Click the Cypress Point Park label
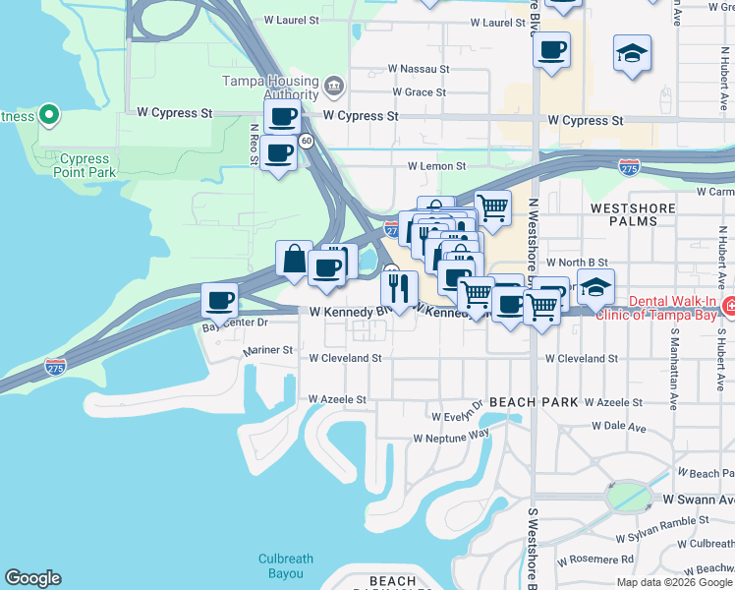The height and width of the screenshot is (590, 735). point(85,165)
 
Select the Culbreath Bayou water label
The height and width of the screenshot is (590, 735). point(286,565)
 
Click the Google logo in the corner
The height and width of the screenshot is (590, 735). point(32,578)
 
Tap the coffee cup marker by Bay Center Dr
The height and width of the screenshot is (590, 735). point(220,299)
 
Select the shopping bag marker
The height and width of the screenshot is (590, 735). point(295,259)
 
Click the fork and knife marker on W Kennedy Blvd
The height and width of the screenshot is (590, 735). point(399,287)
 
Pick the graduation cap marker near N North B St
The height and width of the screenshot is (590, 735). point(595,286)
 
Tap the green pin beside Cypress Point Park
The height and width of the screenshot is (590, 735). point(47,116)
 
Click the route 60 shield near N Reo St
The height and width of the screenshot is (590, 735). point(307,142)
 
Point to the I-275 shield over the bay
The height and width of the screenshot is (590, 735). point(56,367)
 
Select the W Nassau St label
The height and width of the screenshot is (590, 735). point(418,70)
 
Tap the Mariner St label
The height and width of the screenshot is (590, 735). point(268,349)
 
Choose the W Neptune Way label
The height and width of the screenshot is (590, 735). point(451,436)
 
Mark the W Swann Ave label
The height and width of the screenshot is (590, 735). point(698,500)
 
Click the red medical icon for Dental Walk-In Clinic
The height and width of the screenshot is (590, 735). point(727,307)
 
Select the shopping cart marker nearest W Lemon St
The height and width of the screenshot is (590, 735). point(492,207)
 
